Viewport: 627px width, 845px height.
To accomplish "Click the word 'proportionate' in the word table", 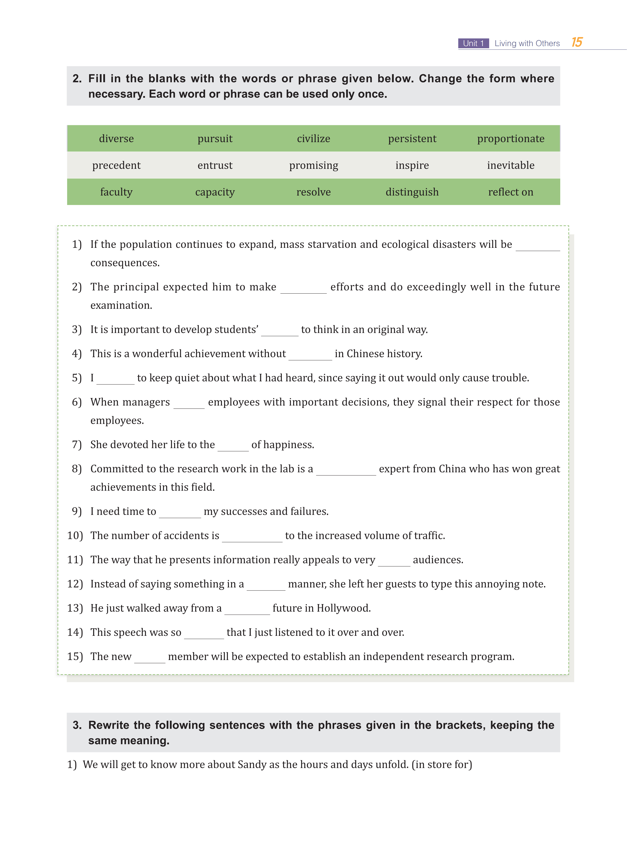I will coord(510,139).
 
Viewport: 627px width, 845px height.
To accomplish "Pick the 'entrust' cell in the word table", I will coord(215,165).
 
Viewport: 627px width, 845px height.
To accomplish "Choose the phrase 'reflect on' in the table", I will coord(510,192).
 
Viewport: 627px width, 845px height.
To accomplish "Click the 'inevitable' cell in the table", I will coord(510,165).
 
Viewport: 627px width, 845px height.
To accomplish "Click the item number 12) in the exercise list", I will coord(75,584).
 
